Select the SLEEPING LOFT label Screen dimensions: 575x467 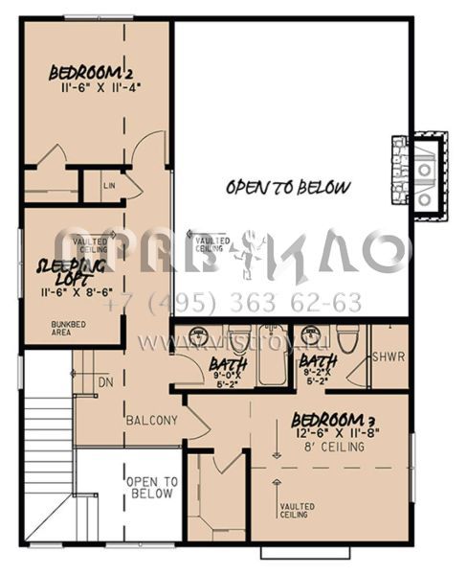(x=69, y=269)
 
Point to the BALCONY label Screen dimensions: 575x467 (x=151, y=420)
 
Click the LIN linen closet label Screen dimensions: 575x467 (x=109, y=183)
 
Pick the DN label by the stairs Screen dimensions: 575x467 (x=104, y=382)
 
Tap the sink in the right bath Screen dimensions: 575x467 (x=308, y=338)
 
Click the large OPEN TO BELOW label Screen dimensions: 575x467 (x=288, y=188)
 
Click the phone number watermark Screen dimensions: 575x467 (x=234, y=304)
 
